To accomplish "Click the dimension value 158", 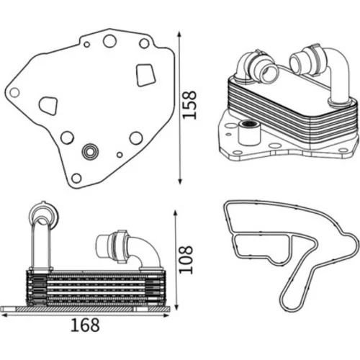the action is coord(189,104).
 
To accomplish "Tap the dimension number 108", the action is coord(186,259).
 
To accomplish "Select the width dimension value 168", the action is coord(85,325).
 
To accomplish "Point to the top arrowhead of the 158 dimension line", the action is coord(179,35).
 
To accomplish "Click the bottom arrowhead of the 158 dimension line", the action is coord(179,181).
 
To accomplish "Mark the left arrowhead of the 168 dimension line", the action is coord(5,315).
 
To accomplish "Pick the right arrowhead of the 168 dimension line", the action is coord(166,315).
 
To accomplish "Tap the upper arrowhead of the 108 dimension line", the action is coord(176,214).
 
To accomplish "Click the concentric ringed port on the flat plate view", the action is coord(90,151).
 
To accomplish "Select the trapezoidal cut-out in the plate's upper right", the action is coord(145,75).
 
